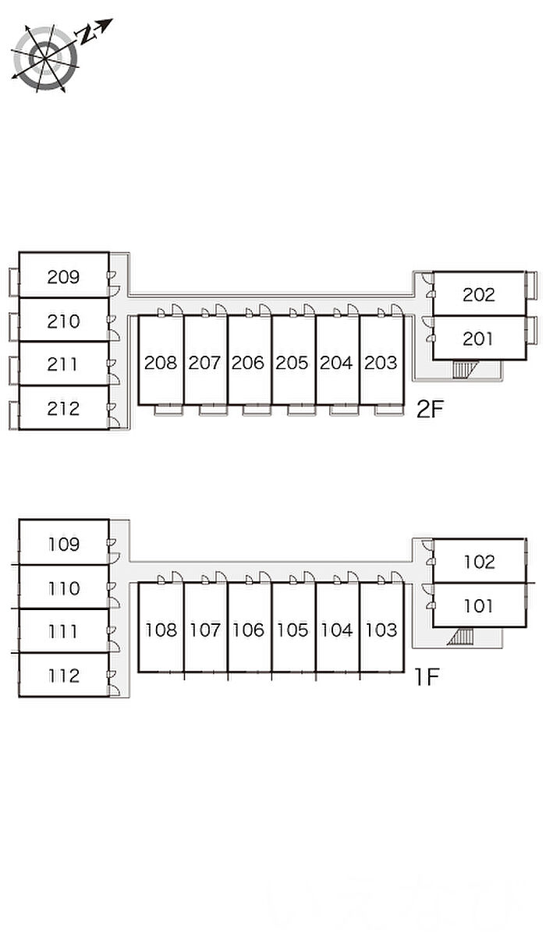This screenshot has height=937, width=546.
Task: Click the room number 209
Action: point(63,276)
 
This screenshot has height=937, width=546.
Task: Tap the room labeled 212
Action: point(63,408)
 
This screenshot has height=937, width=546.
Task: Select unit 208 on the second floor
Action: point(161,363)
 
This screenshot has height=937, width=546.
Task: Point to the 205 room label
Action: point(292,363)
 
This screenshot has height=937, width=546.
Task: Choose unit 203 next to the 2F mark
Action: point(381,363)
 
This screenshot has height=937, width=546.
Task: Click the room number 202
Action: point(478,294)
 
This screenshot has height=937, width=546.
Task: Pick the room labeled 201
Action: point(478,339)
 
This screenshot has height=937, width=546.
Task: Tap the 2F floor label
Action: point(429,410)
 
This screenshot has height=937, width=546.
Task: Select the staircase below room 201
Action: point(463,369)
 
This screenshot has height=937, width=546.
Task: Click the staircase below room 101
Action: point(461,637)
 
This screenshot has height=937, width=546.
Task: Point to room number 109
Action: point(63,544)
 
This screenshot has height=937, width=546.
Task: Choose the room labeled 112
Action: point(63,676)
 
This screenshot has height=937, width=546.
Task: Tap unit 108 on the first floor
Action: point(161,630)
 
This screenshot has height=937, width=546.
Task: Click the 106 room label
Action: point(248,630)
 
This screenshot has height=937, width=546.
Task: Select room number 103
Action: point(381,630)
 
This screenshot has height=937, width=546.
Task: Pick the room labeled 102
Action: point(478,562)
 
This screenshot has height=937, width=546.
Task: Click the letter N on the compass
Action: point(88,32)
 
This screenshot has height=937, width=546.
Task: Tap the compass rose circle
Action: point(45,56)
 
